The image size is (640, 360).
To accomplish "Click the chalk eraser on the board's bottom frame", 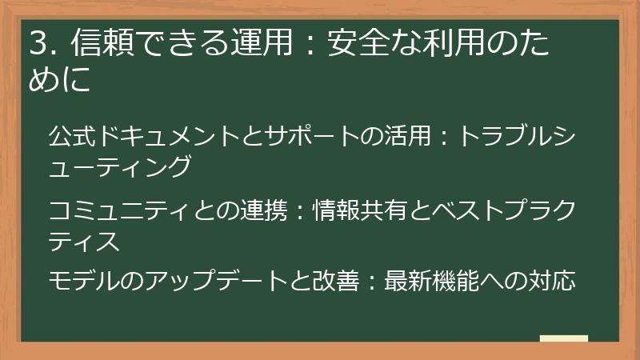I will (563, 339).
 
